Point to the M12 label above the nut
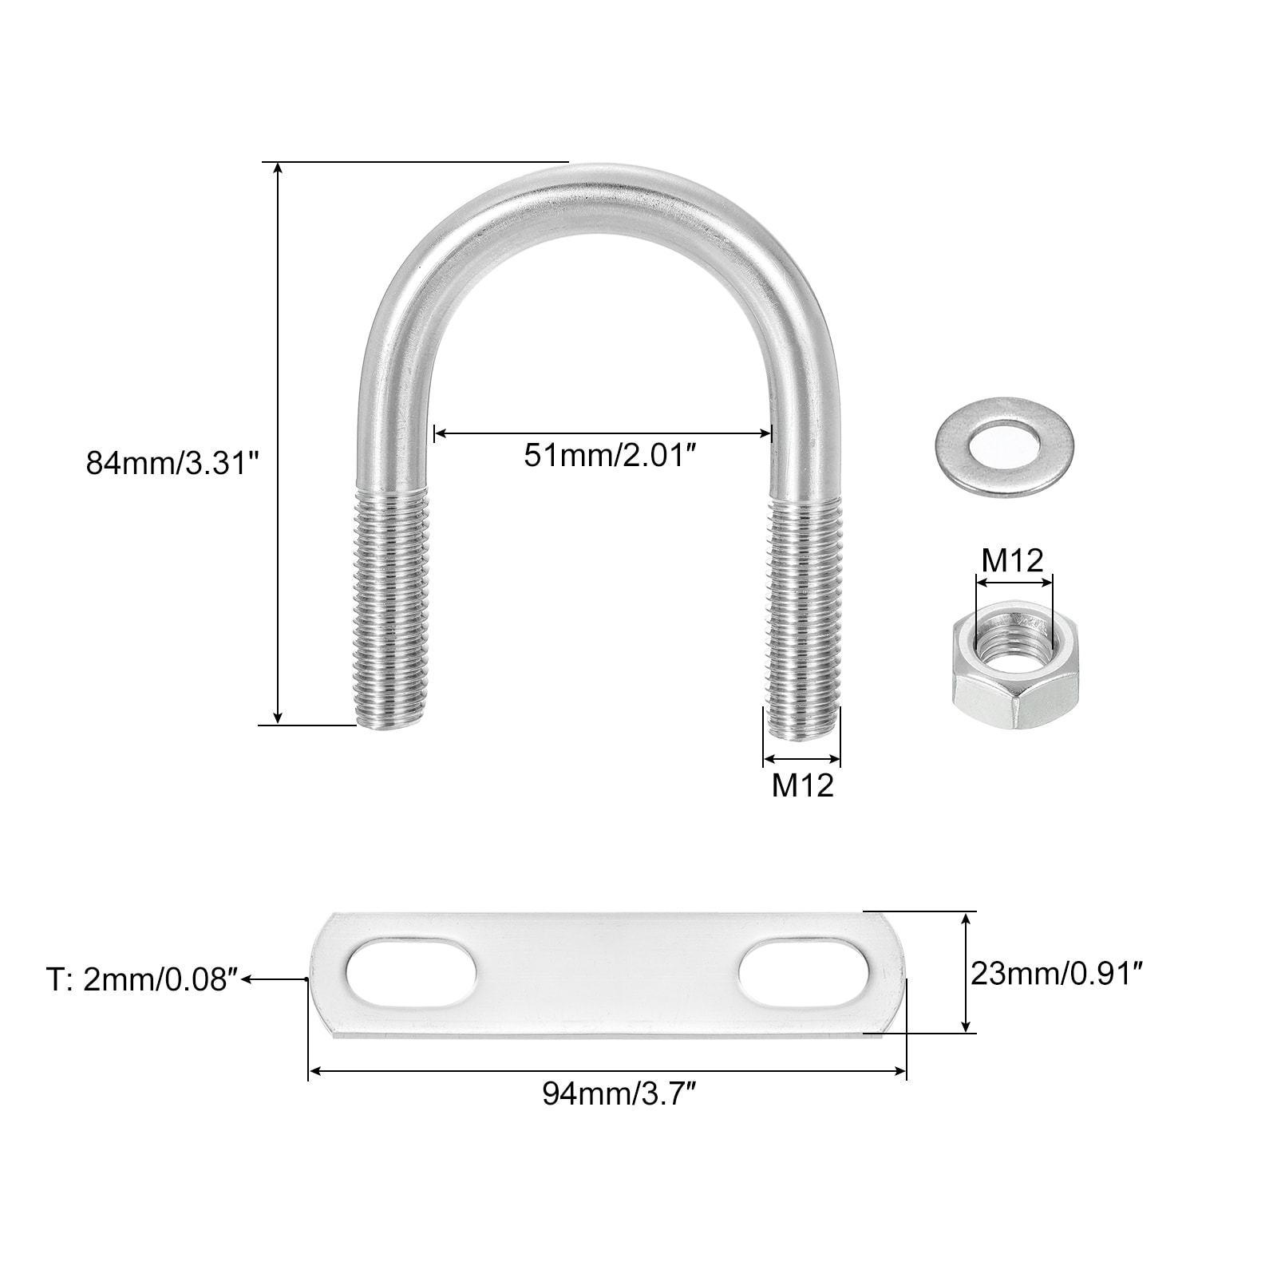(x=1012, y=560)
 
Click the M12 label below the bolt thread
(x=802, y=785)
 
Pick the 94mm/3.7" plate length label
(x=620, y=1093)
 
